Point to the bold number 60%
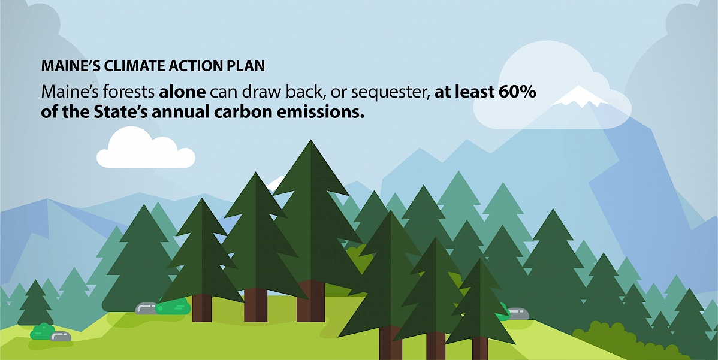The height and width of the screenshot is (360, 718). pos(515,92)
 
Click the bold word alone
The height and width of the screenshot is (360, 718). pos(183,92)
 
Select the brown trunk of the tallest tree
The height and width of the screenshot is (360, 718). pos(310,301)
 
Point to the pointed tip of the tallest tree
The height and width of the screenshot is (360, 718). pos(311,140)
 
